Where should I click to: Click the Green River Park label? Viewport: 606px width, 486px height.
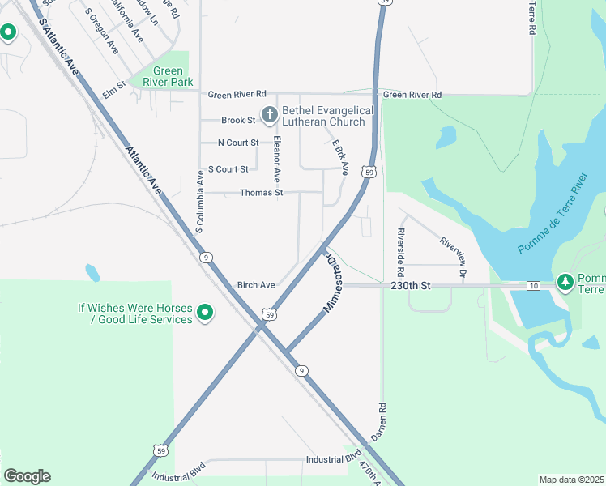pos(168,76)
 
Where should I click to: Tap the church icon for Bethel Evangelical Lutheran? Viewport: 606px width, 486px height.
pos(267,114)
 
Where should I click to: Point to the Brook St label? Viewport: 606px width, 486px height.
pos(238,121)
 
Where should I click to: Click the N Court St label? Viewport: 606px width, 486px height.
pos(238,143)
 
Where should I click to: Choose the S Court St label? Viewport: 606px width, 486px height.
pos(228,169)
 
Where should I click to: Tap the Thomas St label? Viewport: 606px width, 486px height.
pos(261,193)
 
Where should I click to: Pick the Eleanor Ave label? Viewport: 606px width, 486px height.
pos(278,159)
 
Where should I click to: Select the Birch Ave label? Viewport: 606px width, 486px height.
pos(256,285)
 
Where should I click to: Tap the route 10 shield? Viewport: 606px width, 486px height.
pos(532,286)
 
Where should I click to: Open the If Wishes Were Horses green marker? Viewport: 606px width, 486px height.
pos(205,312)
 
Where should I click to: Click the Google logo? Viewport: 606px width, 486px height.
pos(27,476)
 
